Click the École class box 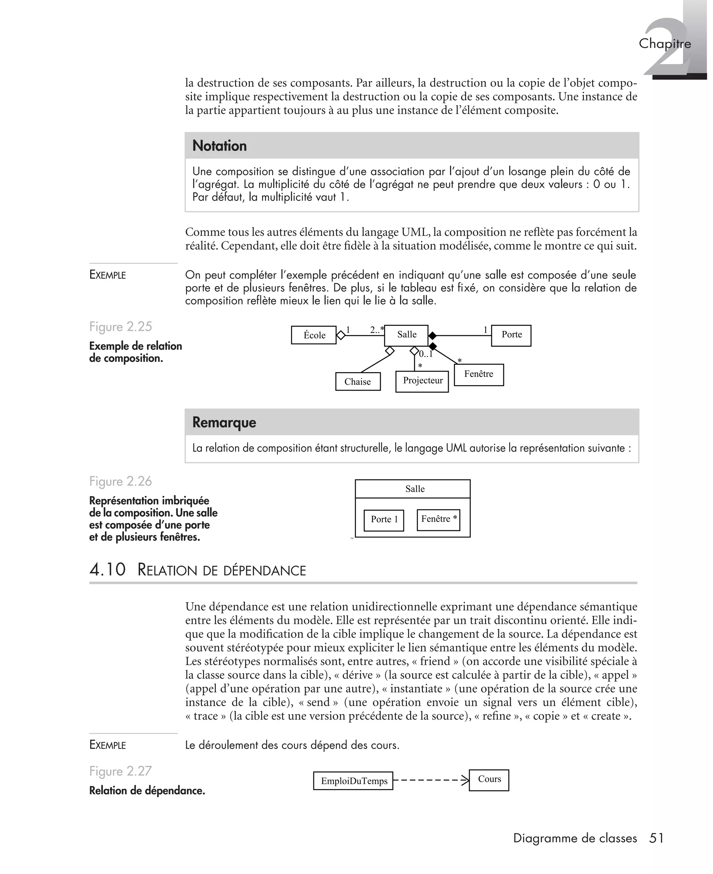(x=314, y=335)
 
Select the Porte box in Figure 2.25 (x=511, y=335)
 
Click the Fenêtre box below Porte (x=478, y=374)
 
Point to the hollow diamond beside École (x=341, y=335)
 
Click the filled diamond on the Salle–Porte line (x=432, y=336)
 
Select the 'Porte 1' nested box (x=384, y=520)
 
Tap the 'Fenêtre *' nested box (x=438, y=520)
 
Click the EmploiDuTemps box (x=353, y=781)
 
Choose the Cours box (x=489, y=780)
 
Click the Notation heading (x=220, y=146)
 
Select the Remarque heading (x=224, y=423)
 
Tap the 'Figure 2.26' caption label (x=120, y=481)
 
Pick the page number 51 (x=656, y=838)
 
